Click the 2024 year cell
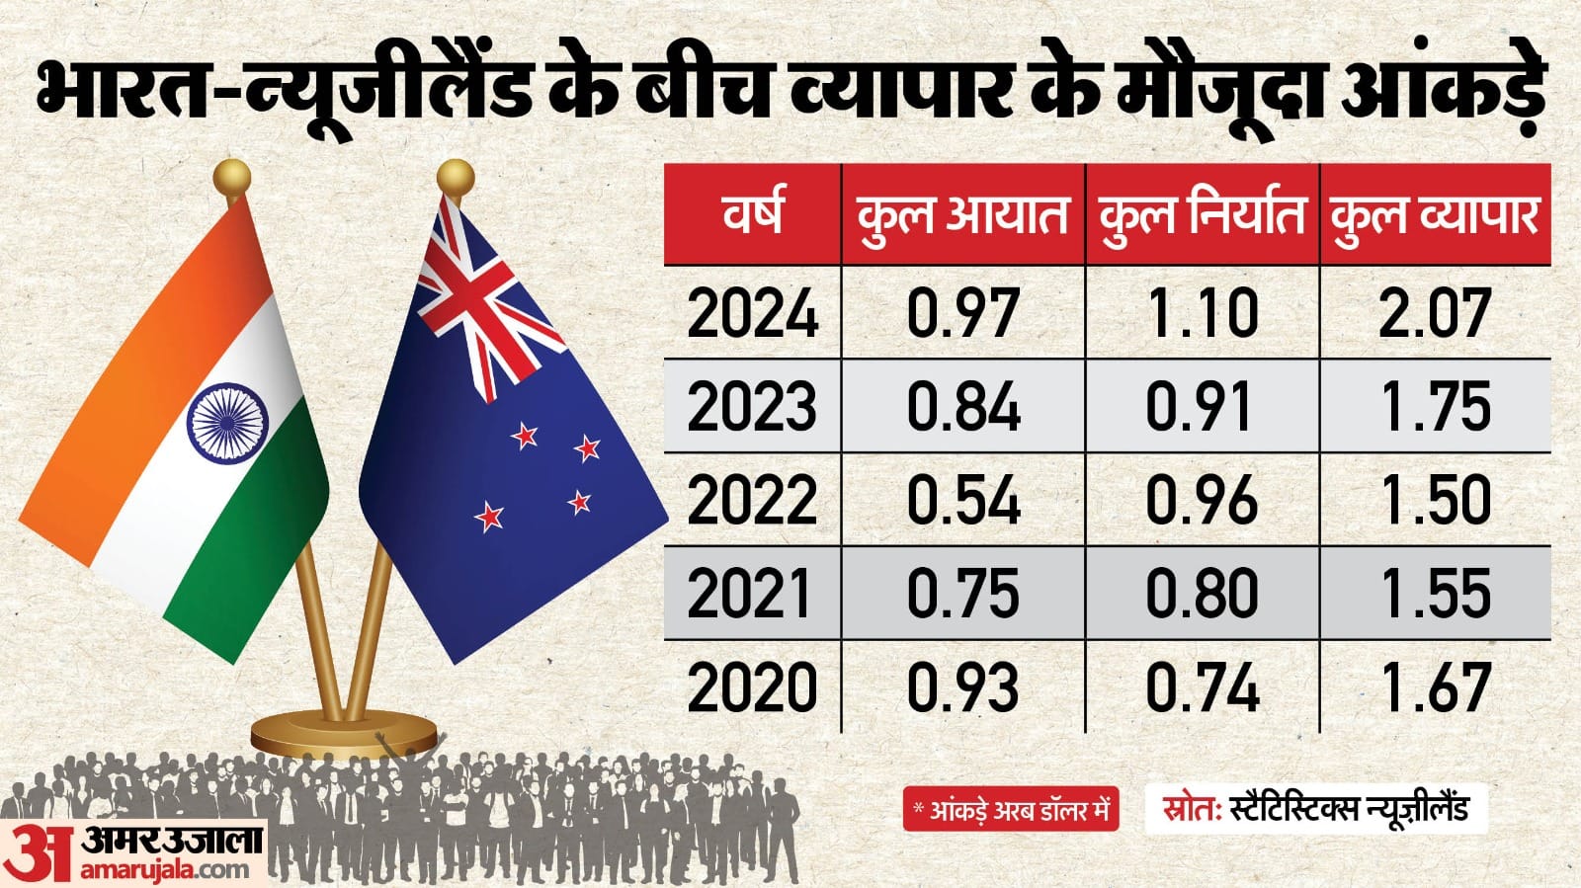(x=753, y=314)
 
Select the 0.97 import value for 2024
(x=962, y=314)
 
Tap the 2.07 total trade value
(x=1435, y=314)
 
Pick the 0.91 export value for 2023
(x=1202, y=407)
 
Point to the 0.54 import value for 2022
(x=962, y=500)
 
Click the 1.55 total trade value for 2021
(x=1435, y=594)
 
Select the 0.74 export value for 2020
(x=1202, y=687)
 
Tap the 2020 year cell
(x=753, y=687)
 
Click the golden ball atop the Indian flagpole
(x=232, y=179)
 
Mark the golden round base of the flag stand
(x=343, y=736)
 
